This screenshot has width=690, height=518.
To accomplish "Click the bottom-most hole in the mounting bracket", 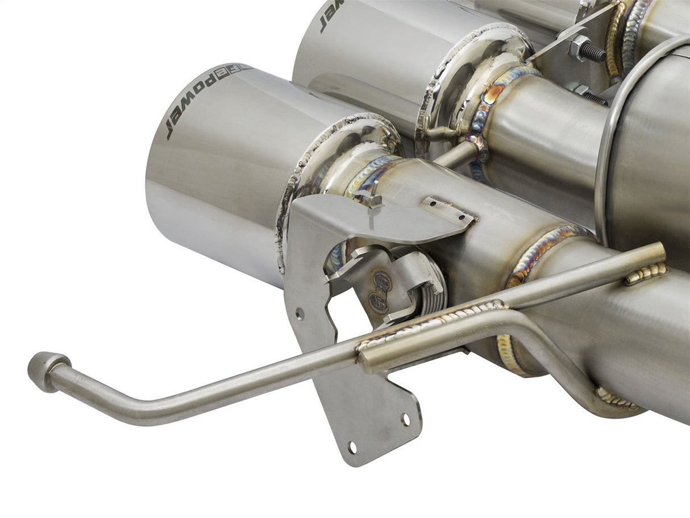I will [352, 447].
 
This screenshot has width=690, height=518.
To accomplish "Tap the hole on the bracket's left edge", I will [300, 313].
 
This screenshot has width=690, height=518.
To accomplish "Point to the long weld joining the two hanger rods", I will [432, 324].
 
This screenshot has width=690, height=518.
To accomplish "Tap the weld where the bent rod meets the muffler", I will [617, 398].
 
